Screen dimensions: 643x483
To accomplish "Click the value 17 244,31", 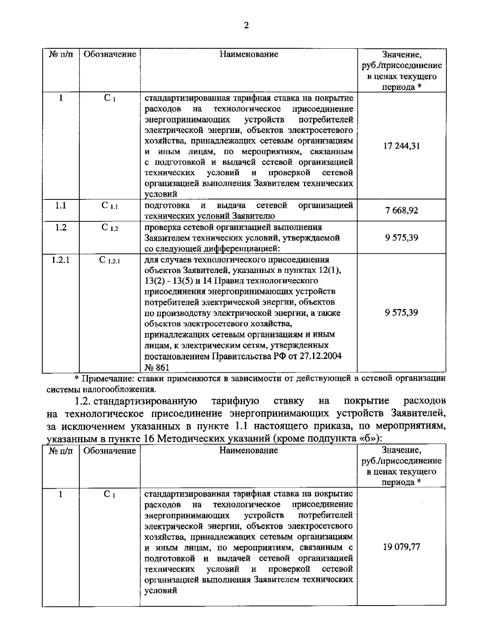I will (401, 146).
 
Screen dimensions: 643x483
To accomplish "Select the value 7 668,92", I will (401, 210).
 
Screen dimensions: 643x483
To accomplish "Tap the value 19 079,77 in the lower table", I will (401, 547).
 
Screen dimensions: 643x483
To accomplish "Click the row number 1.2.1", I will (60, 260).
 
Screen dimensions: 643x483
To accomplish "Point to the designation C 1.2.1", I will (109, 260).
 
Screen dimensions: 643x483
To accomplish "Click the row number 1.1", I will (60, 205).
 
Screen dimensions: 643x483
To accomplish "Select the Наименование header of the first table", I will (249, 54).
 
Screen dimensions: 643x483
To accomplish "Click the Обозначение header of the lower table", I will (109, 450).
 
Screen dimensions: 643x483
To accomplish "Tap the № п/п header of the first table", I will (60, 54).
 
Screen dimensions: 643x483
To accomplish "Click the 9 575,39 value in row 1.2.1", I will (401, 313).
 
